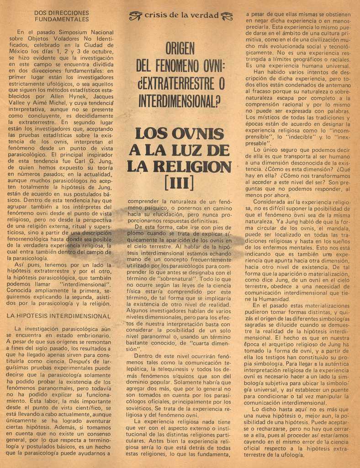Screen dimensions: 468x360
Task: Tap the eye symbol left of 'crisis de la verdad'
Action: point(136,16)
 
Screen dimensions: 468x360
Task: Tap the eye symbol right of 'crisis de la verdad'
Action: point(227,16)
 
